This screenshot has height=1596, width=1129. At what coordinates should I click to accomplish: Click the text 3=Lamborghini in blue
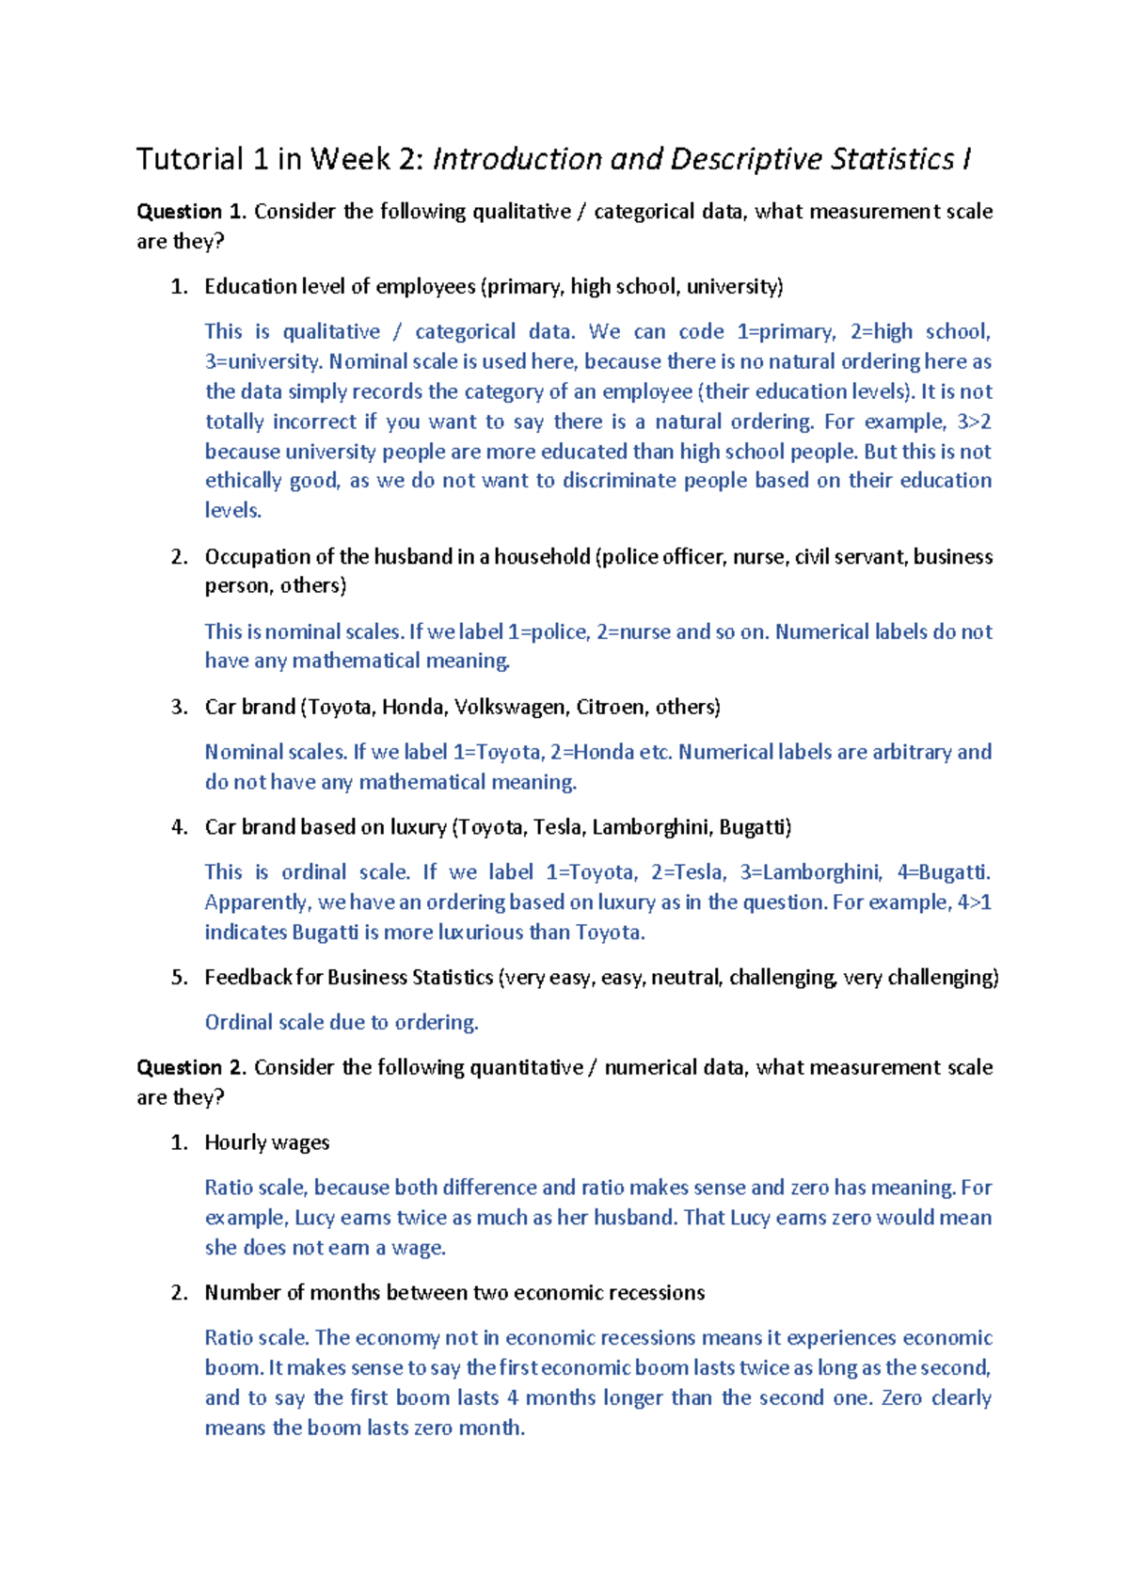coord(810,872)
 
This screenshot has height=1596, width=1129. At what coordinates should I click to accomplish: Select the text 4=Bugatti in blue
coord(942,872)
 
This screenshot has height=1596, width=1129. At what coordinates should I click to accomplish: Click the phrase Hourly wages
coord(267,1142)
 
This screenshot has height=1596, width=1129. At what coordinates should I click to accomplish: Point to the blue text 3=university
coord(262,361)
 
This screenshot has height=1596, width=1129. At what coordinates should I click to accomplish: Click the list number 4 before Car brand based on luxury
coord(179,827)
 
